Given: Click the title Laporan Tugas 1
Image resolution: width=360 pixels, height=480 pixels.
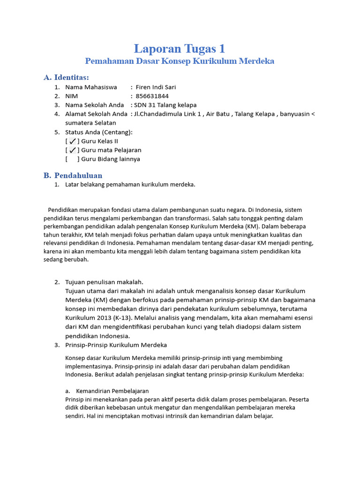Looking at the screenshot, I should coord(180,48).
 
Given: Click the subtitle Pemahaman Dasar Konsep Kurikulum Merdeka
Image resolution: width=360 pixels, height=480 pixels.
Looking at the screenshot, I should coord(180,61).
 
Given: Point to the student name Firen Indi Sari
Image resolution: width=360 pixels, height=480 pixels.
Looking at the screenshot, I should coord(156,87).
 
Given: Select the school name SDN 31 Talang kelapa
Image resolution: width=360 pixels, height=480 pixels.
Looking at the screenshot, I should coord(165,105).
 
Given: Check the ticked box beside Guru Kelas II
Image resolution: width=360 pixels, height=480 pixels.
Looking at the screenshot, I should coord(73,141).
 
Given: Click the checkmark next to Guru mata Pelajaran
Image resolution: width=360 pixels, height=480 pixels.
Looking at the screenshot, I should coord(73,150).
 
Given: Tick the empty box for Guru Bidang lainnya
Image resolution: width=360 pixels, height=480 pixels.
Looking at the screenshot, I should coord(73,159).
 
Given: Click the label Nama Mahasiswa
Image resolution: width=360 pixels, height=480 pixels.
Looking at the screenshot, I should coord(91,87).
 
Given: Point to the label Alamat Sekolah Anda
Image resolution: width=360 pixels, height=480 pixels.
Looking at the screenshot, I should coord(96,114).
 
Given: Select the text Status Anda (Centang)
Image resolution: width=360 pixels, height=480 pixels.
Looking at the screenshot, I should coord(99,132).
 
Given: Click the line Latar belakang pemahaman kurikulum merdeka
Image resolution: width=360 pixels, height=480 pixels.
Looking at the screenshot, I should coord(130,185).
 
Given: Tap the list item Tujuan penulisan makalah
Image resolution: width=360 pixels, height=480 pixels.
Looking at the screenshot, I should coord(104,282).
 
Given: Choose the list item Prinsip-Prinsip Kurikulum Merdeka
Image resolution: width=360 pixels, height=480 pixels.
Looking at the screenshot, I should coord(116,345).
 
